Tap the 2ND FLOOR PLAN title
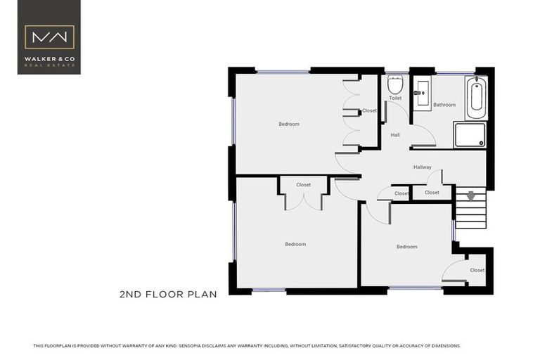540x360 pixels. click(168, 295)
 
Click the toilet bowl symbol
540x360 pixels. click(394, 85)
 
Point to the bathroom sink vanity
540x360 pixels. click(422, 94)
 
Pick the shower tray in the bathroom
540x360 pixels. click(469, 134)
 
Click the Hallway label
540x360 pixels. click(423, 167)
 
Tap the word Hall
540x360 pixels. click(395, 135)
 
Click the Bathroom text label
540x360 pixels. click(444, 105)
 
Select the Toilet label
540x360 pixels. click(395, 98)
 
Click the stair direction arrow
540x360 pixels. click(470, 197)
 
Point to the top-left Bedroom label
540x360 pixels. click(289, 124)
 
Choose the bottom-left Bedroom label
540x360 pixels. click(295, 244)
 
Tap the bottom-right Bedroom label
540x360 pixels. click(406, 247)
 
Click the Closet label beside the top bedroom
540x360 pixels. click(369, 110)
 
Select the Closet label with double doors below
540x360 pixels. click(303, 185)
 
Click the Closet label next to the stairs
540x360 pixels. click(432, 192)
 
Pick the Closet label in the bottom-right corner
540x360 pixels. click(477, 270)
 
